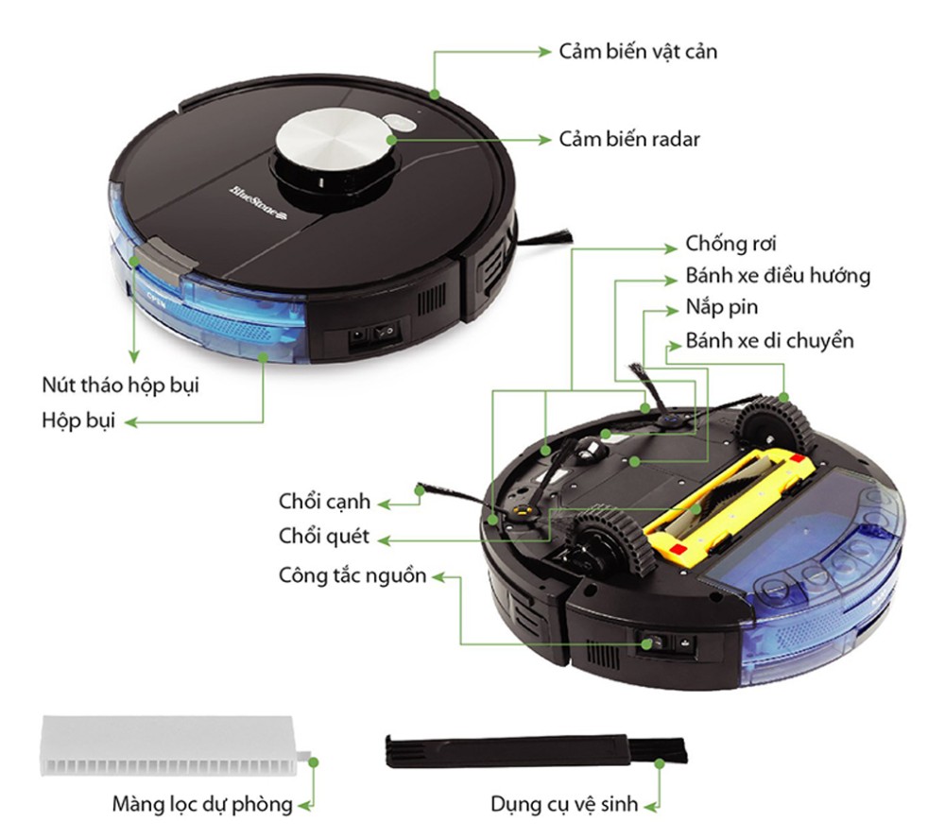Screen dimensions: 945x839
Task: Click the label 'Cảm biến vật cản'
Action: pos(638,52)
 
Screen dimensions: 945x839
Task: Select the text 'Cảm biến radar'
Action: pos(629,139)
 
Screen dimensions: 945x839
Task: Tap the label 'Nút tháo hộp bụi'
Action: pos(120,385)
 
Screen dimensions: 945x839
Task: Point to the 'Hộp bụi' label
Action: pos(77,420)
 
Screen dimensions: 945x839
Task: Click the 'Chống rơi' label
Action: pos(730,244)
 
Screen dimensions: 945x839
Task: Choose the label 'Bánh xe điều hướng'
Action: pos(778,276)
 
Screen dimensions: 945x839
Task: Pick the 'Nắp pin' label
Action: pos(721,308)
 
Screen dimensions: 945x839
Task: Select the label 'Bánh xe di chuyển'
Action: pos(769,341)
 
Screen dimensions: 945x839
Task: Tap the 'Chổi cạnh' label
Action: pos(324,502)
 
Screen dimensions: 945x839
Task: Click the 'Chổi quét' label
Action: pos(323,537)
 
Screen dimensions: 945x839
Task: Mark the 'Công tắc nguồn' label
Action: pos(352,576)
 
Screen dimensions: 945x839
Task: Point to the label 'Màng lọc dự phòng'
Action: pos(202,805)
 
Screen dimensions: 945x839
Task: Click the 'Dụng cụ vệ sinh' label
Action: pos(563,805)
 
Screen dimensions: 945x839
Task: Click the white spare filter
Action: pos(175,746)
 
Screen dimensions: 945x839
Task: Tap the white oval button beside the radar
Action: pos(399,122)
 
